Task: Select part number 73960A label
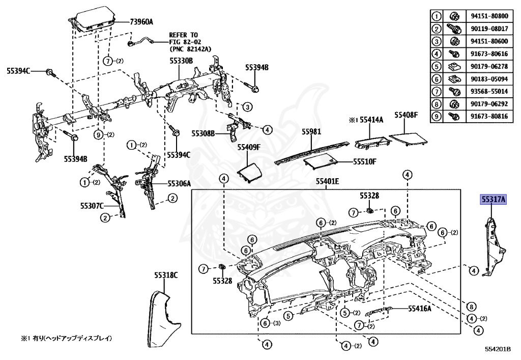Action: (x=141, y=21)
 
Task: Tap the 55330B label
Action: (x=181, y=60)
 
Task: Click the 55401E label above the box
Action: (x=327, y=181)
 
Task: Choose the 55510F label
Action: (x=365, y=161)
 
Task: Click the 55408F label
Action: (x=406, y=115)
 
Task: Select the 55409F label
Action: (x=248, y=148)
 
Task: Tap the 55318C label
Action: (x=166, y=275)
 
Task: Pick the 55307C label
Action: (x=92, y=206)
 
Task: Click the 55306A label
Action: (x=179, y=183)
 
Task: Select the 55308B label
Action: (x=204, y=133)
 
